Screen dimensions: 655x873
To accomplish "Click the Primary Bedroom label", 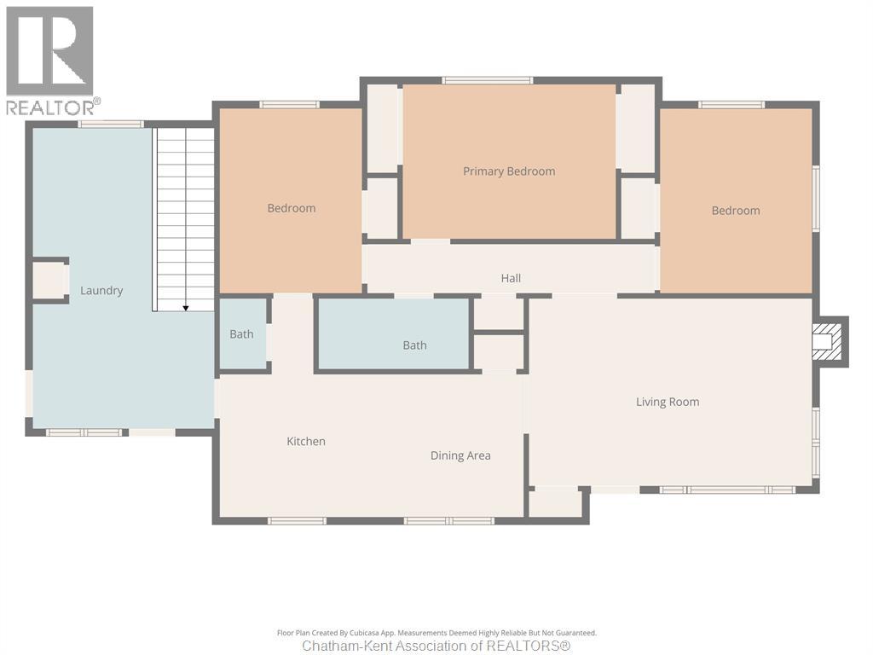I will coord(509,171).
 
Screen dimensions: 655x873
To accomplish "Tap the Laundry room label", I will coord(101,291).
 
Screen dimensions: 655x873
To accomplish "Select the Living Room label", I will coord(668,402).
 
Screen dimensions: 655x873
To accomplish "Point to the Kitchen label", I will coord(306,441).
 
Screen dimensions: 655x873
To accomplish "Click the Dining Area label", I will coord(460,455).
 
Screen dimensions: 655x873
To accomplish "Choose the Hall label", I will coord(511,278).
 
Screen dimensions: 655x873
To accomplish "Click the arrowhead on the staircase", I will coord(185,306).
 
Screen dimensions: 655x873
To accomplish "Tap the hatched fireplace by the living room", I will coord(826,342).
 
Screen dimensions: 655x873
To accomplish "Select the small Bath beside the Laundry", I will coord(241,334).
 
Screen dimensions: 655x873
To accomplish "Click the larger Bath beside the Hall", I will coord(414,345).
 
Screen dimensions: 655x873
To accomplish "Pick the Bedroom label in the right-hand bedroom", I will coord(736,211).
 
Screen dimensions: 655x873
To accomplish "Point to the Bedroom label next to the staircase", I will coord(292,208).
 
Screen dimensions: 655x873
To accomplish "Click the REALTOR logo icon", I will coord(49,51).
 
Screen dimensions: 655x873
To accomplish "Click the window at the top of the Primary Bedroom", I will coord(487,80).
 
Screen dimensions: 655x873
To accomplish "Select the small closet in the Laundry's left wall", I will coord(49,281).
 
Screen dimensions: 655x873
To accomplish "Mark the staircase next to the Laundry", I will coord(183,217).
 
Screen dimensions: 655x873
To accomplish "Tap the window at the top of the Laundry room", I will coord(111,125).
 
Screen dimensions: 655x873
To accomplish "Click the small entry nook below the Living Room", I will coord(555,503).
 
